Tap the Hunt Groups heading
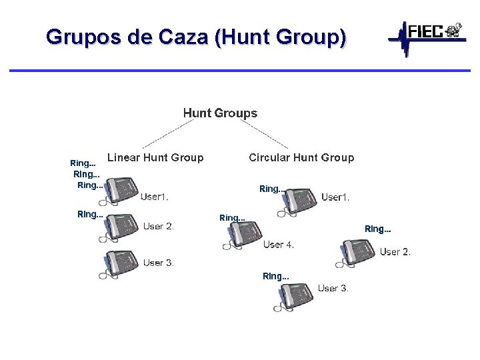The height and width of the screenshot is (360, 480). [220, 113]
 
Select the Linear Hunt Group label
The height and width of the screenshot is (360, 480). [155, 158]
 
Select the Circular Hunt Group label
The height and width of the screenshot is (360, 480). [301, 158]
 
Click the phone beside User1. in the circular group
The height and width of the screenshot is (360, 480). [296, 201]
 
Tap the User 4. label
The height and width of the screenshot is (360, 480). [279, 245]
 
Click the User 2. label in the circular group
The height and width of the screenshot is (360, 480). [395, 252]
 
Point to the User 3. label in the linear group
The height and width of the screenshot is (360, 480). [159, 263]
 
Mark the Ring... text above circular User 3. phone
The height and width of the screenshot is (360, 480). [276, 276]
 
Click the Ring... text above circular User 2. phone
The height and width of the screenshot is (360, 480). [377, 229]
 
